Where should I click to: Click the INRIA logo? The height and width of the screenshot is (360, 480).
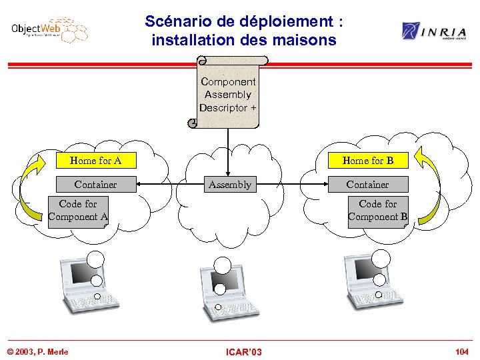pos(433,31)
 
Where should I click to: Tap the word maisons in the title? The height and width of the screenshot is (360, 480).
pos(305,40)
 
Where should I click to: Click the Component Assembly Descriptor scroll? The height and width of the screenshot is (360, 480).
pos(228,94)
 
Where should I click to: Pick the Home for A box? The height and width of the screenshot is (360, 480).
pos(95,161)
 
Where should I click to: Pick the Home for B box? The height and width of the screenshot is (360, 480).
pos(367,161)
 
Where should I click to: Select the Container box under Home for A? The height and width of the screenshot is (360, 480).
pos(95,185)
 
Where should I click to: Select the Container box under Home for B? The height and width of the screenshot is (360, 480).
pos(367,185)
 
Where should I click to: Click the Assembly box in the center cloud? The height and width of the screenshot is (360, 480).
pos(230,185)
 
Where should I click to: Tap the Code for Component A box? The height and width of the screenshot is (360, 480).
pos(78,211)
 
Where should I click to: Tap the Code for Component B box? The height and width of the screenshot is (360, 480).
pos(377,211)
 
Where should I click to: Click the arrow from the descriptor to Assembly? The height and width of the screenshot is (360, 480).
pos(229,150)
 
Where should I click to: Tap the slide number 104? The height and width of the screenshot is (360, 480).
pos(461,351)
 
